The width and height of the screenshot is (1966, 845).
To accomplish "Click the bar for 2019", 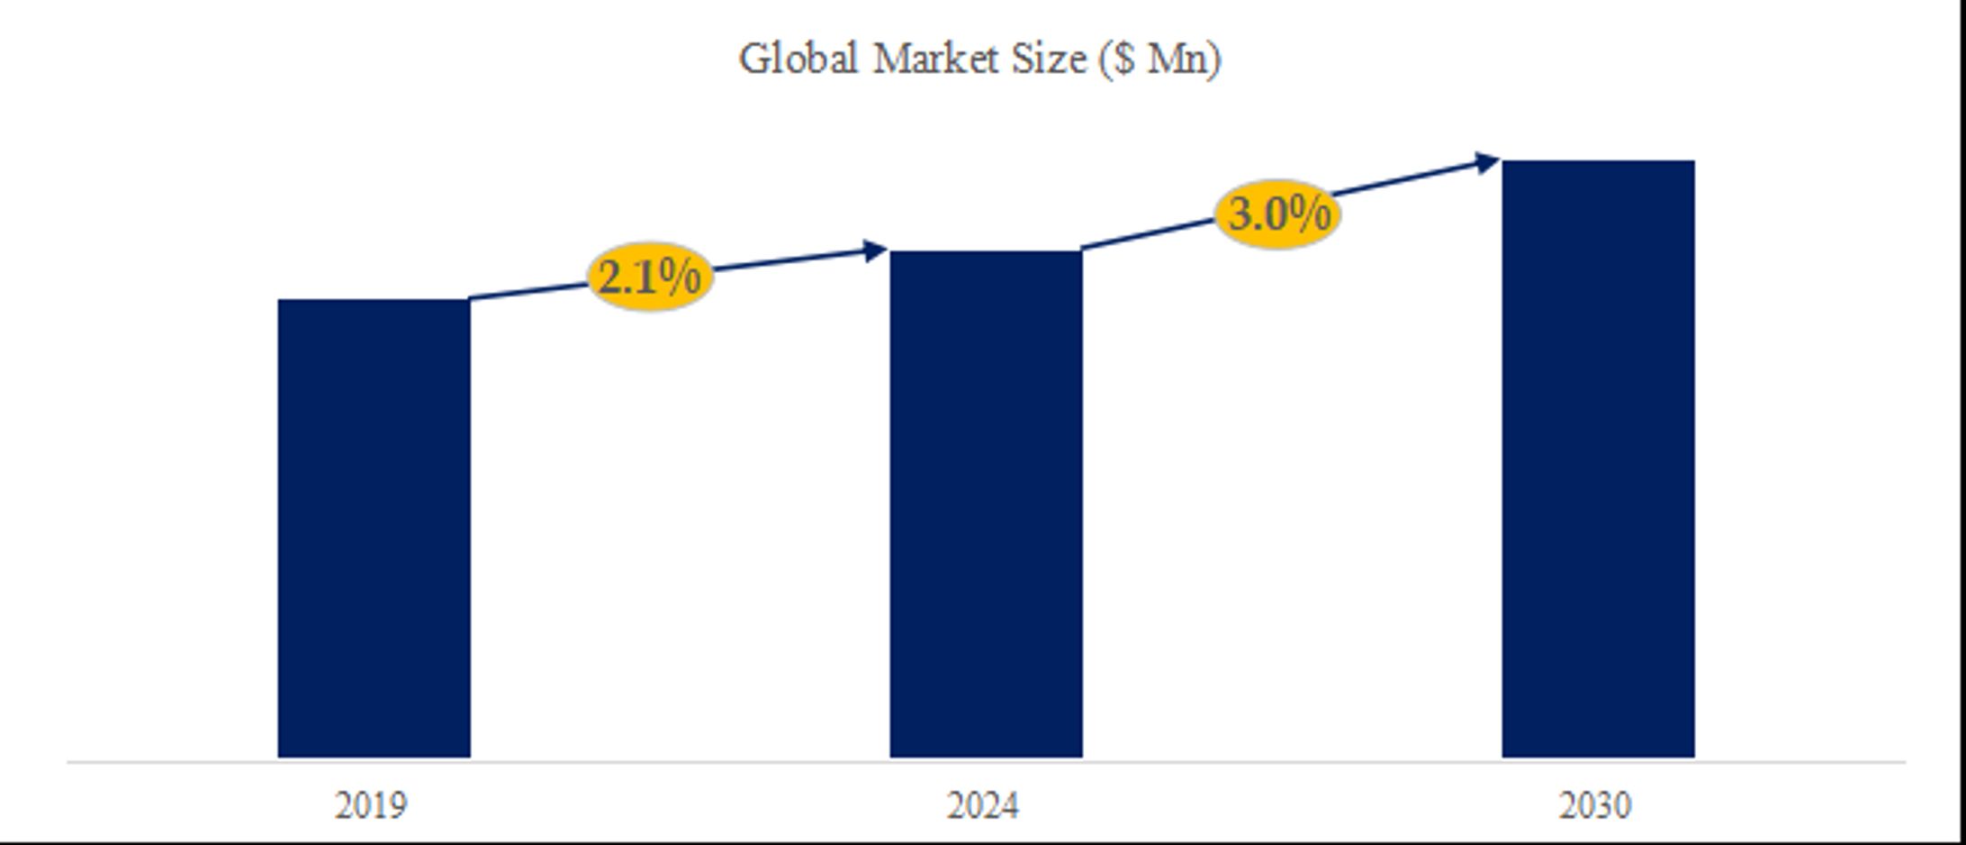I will pyautogui.click(x=374, y=528).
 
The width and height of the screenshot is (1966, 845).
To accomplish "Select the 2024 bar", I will pyautogui.click(x=986, y=504).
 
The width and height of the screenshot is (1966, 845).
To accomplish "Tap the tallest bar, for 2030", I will pyautogui.click(x=1598, y=459).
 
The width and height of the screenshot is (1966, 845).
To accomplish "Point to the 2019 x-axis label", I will pyautogui.click(x=370, y=804).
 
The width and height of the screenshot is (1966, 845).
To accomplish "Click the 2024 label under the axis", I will pyautogui.click(x=982, y=804).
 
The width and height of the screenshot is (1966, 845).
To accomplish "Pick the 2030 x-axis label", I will pyautogui.click(x=1594, y=804).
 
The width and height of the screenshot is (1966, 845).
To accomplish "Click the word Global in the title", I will pyautogui.click(x=798, y=59).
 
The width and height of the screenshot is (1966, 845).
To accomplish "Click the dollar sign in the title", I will pyautogui.click(x=1123, y=59).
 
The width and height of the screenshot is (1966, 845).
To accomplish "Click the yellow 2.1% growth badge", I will pyautogui.click(x=650, y=277).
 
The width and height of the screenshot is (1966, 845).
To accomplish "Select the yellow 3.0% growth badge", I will pyautogui.click(x=1277, y=214).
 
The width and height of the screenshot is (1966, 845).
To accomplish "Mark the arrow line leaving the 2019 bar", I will pyautogui.click(x=531, y=291).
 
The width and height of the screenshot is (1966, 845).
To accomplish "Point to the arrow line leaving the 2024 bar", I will pyautogui.click(x=1148, y=232).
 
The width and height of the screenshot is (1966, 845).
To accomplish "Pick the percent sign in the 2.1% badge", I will pyautogui.click(x=681, y=277).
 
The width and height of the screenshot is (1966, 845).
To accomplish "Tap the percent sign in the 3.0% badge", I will pyautogui.click(x=1310, y=214).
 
